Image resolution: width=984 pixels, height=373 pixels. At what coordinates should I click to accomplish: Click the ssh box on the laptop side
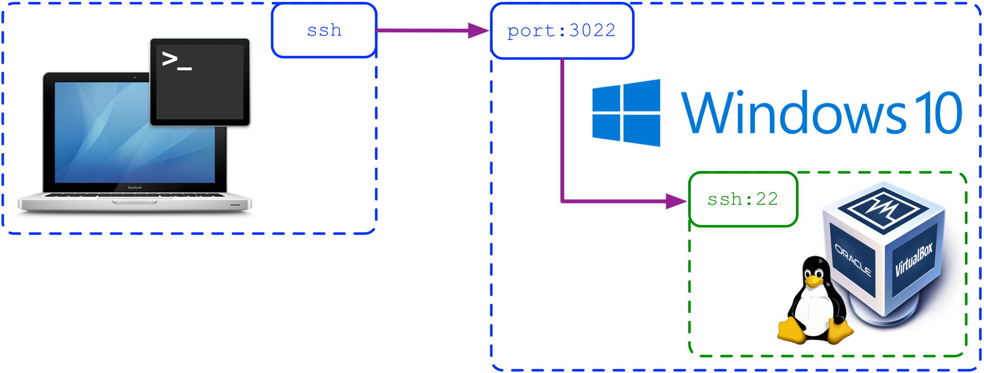[324, 31]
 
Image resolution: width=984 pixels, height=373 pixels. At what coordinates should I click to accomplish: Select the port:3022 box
[562, 31]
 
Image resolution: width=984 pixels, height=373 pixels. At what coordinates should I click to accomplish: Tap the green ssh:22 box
[743, 199]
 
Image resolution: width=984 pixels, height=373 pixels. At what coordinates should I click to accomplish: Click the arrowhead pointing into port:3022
[478, 31]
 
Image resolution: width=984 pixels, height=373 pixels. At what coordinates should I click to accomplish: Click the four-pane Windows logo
[626, 113]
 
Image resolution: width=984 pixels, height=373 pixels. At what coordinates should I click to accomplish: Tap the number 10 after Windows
[936, 113]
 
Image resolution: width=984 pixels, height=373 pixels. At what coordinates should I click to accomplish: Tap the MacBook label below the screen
[135, 188]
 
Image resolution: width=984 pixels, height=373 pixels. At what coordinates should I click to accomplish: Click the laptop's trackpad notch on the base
[135, 202]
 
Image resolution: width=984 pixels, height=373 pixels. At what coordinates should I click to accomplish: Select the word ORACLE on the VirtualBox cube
[852, 260]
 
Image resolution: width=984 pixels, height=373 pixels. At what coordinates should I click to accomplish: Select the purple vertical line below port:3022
[562, 128]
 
